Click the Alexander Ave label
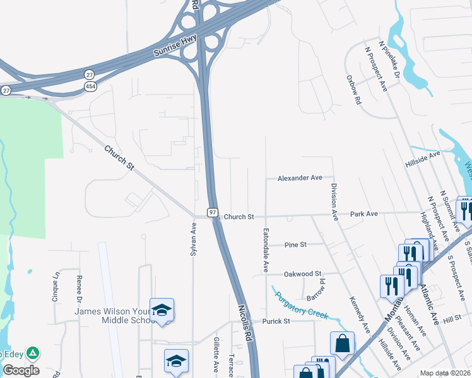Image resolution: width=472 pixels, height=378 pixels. (300, 178)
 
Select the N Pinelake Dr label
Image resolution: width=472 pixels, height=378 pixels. (389, 61)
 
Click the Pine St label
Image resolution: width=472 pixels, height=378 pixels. (295, 244)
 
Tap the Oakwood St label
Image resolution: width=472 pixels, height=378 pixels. (303, 273)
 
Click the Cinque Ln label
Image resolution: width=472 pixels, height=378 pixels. (56, 285)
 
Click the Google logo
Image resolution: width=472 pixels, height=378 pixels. (21, 370)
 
